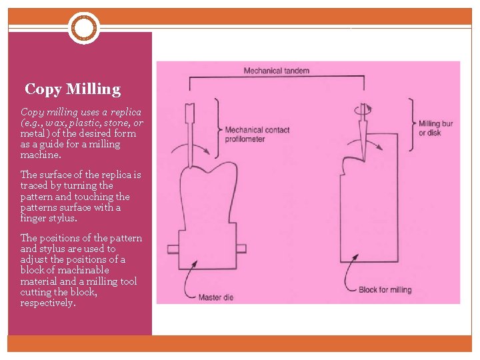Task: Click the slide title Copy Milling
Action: pos(73,89)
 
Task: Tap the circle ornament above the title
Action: pos(83,28)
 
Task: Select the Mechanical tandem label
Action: pos(276,70)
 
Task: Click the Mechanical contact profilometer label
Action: pos(257,134)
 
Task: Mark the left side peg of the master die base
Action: pos(173,249)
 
